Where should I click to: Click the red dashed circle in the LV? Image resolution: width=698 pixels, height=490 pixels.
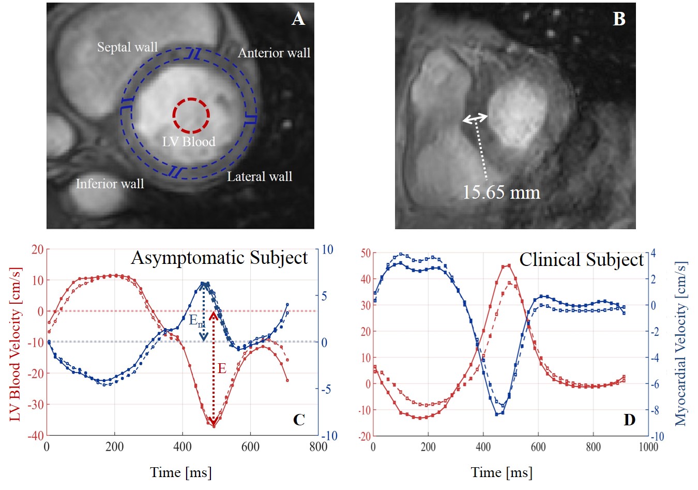click(x=191, y=115)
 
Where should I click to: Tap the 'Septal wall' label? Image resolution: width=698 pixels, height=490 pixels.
click(x=127, y=48)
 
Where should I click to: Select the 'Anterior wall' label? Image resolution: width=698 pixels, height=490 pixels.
click(x=274, y=53)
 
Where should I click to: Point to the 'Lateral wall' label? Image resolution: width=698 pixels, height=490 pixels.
click(x=260, y=177)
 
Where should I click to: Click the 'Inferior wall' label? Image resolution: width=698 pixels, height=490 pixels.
click(x=110, y=184)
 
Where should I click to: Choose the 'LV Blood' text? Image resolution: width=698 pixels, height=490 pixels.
click(x=189, y=142)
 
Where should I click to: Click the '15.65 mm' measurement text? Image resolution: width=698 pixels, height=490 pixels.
click(x=501, y=192)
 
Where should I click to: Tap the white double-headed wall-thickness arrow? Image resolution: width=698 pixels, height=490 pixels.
click(x=475, y=118)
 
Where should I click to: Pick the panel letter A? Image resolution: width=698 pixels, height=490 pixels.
click(x=298, y=19)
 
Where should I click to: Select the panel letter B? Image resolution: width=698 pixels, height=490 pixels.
click(x=619, y=19)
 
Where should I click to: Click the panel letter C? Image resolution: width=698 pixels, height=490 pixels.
click(x=299, y=420)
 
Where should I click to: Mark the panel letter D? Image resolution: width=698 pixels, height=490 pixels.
click(x=629, y=420)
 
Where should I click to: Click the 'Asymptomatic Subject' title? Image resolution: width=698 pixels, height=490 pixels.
click(x=219, y=258)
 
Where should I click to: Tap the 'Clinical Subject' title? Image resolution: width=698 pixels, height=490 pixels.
click(x=581, y=260)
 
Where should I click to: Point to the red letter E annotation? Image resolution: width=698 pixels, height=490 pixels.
click(x=222, y=368)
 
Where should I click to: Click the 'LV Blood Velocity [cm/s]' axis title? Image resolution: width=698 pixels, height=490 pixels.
click(x=16, y=344)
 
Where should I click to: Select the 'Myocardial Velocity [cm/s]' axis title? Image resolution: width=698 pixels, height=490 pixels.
click(x=681, y=344)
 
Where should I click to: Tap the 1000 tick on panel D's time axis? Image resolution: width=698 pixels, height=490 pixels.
click(x=648, y=447)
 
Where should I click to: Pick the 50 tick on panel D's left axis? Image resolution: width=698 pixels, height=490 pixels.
click(x=366, y=253)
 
